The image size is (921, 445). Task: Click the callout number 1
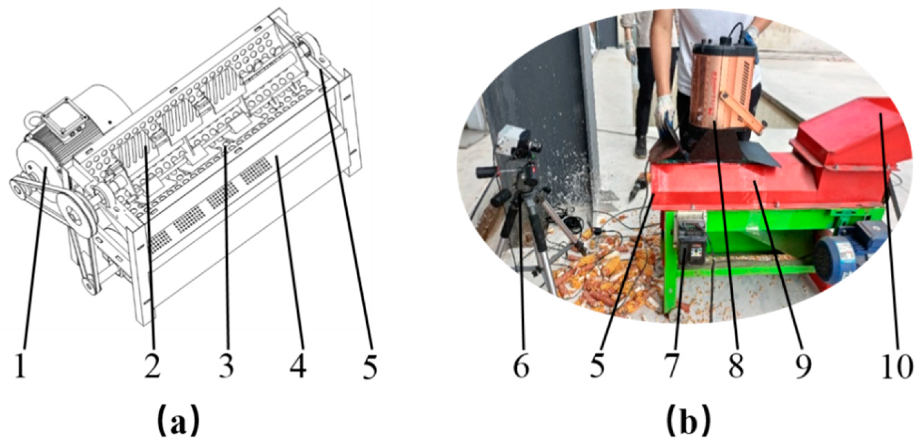point(20,365)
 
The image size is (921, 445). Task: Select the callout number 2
point(152,365)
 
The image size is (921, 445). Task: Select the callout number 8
point(736,365)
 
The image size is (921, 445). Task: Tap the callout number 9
point(803,365)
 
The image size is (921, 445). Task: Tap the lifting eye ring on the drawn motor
point(36,116)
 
